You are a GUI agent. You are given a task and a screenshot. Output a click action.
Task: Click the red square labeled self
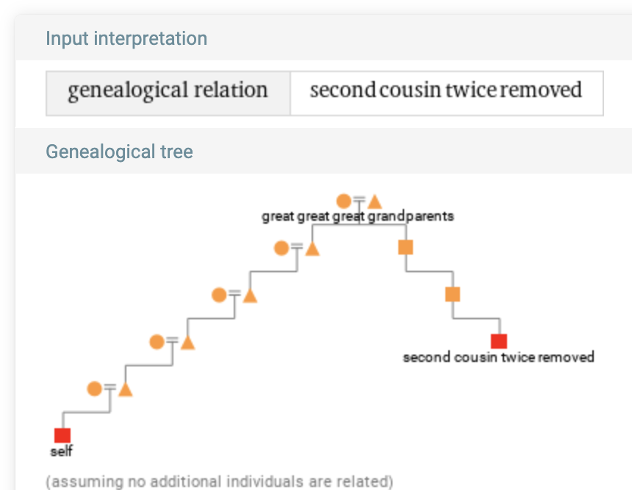point(62,435)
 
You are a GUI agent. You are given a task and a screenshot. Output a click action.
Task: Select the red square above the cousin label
point(499,341)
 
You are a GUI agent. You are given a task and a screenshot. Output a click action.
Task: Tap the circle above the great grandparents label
point(343,201)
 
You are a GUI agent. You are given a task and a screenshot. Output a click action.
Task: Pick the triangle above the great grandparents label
point(375,202)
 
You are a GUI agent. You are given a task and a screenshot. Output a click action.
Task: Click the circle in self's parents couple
point(94,388)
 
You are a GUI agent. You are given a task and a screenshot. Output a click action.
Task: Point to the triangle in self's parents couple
point(125,389)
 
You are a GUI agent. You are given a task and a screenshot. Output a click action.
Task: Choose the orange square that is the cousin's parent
point(453,294)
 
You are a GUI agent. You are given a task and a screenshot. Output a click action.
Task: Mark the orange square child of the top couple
point(406,247)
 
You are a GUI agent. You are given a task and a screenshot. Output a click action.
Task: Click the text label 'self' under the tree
point(62,451)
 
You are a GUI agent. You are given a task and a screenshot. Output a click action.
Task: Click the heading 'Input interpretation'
point(126,38)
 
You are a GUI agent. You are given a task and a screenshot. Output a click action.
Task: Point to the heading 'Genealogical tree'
point(119,152)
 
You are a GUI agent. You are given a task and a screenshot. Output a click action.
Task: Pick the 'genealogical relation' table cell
point(168,91)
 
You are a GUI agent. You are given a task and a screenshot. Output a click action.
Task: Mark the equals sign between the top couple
point(359,199)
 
